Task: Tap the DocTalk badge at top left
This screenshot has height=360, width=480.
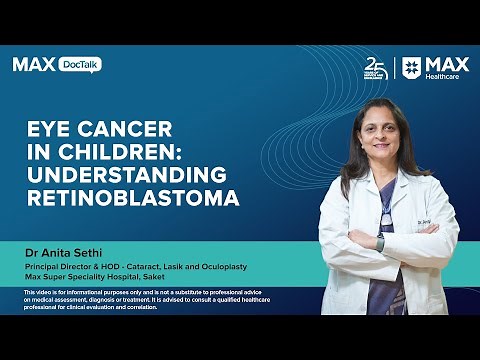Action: [80, 64]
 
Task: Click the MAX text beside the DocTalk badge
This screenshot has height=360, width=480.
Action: [33, 64]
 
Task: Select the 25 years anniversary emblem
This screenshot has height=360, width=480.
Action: [376, 68]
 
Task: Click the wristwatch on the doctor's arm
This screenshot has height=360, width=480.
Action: [379, 243]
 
